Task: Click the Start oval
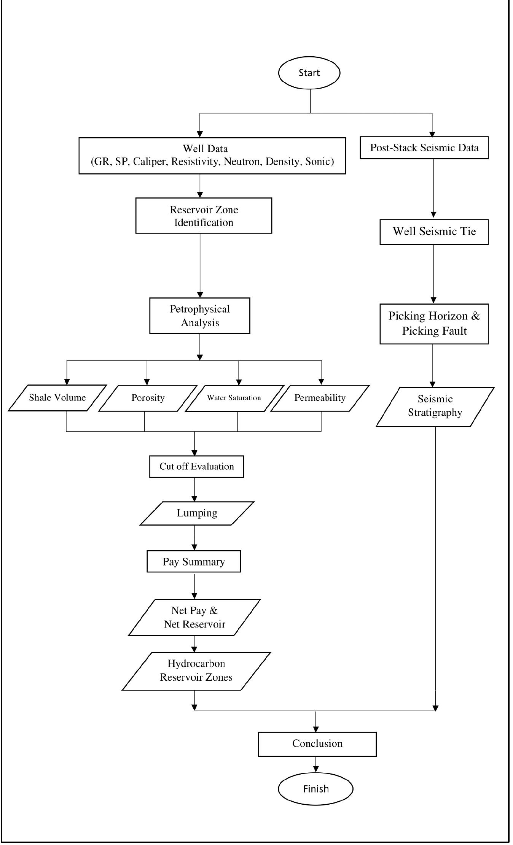(x=309, y=73)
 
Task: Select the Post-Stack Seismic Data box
(x=424, y=148)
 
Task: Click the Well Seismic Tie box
(x=434, y=232)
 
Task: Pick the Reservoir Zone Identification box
(x=204, y=216)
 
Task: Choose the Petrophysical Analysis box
(x=199, y=316)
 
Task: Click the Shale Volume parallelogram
(x=57, y=398)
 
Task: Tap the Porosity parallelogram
(x=148, y=398)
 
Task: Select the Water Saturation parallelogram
(x=234, y=398)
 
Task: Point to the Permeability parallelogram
(x=320, y=398)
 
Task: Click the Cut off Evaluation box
(x=196, y=467)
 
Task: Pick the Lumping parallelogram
(x=197, y=513)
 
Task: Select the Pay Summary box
(x=194, y=562)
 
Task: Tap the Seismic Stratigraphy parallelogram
(x=435, y=406)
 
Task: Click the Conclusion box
(x=317, y=744)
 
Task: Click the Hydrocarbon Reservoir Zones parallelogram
(x=196, y=670)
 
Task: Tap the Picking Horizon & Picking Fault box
(x=434, y=324)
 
